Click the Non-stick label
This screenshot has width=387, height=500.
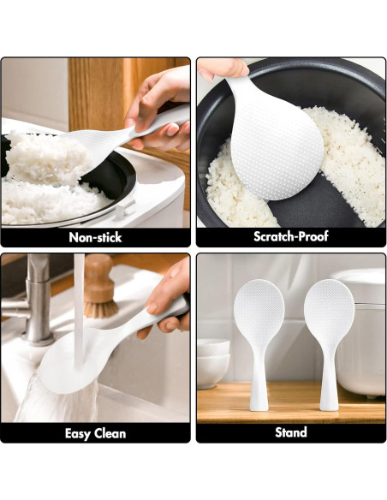[95, 237]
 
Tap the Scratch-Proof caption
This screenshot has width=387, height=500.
[290, 236]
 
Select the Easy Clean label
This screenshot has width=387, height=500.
[95, 433]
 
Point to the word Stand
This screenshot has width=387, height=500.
[290, 432]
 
